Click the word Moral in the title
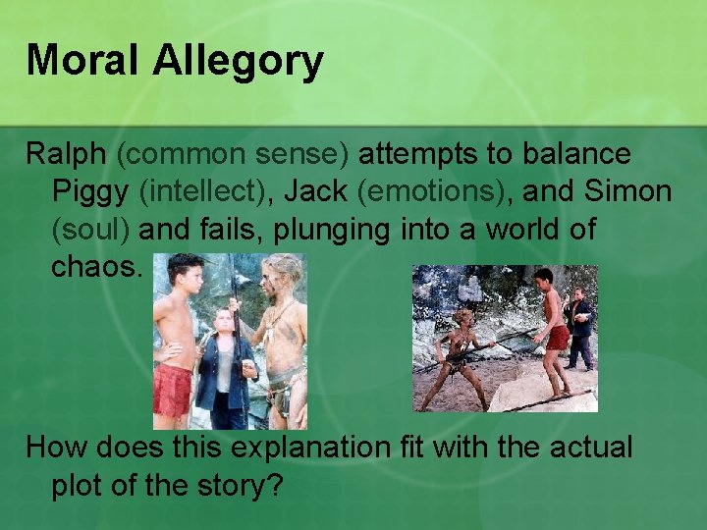point(82,61)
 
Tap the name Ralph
point(66,154)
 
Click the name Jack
point(320,191)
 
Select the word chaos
point(97,267)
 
